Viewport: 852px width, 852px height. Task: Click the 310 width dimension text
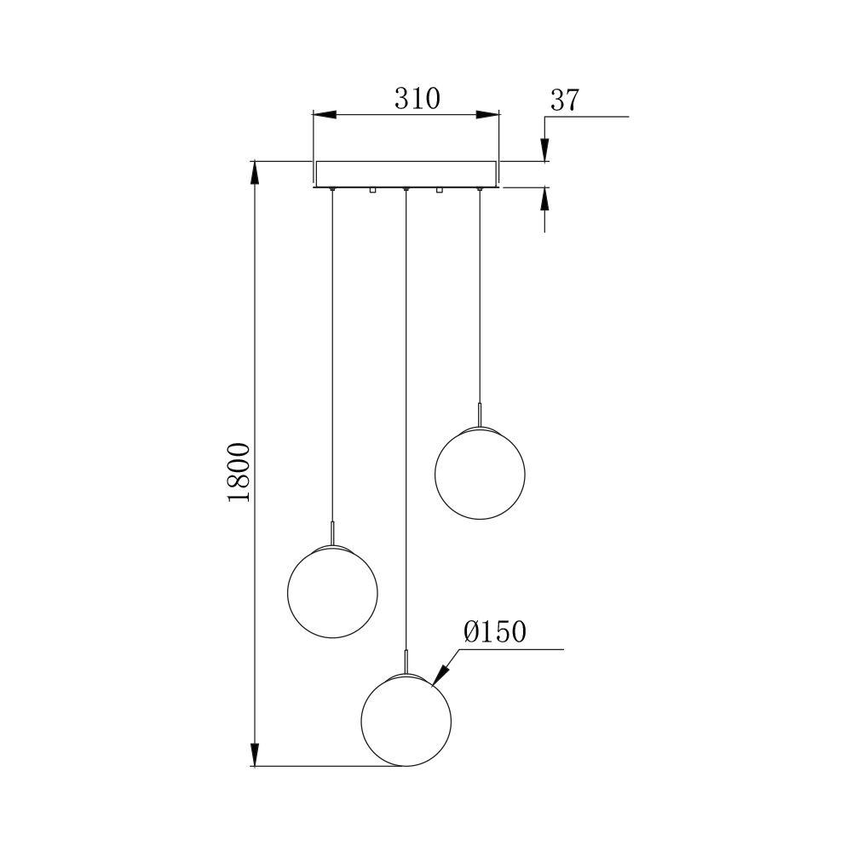click(x=417, y=99)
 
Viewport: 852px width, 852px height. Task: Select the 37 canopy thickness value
click(x=564, y=101)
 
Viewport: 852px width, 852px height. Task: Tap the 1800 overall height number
click(x=239, y=472)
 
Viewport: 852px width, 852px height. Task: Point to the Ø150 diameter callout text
click(x=495, y=632)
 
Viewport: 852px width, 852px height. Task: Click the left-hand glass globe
click(x=331, y=593)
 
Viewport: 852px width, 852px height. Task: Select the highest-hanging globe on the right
click(x=480, y=470)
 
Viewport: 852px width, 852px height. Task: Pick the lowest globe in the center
click(x=406, y=720)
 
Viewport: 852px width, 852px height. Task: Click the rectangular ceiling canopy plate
click(x=406, y=173)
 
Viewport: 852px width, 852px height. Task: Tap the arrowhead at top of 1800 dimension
click(x=254, y=171)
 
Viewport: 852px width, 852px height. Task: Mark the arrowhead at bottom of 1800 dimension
click(x=254, y=754)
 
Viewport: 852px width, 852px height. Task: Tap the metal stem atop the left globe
click(x=331, y=534)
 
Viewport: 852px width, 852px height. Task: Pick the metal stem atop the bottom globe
click(x=406, y=661)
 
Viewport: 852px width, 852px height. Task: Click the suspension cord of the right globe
click(x=480, y=298)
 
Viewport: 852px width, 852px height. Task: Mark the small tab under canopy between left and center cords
click(x=372, y=191)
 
